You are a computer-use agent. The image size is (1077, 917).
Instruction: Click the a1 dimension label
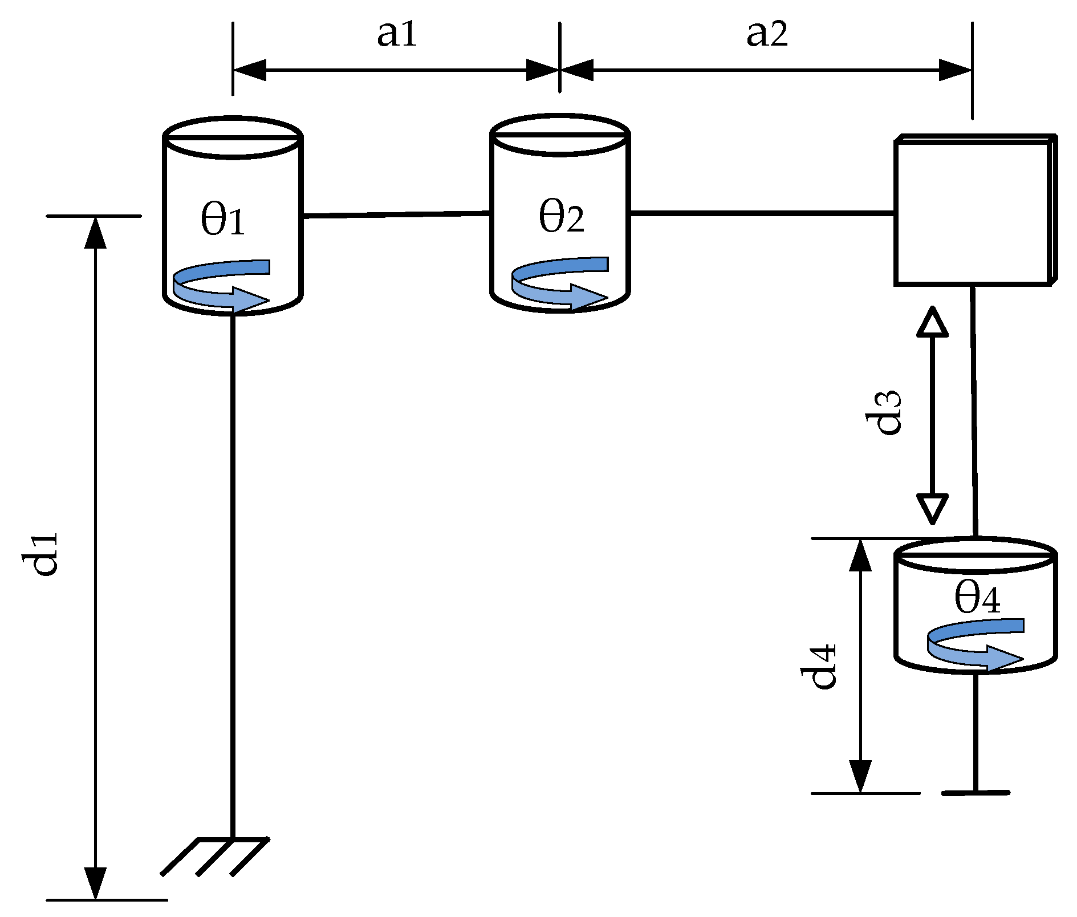[397, 34]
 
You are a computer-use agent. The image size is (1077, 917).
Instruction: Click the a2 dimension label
[767, 34]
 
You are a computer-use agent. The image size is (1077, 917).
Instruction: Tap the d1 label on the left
[40, 554]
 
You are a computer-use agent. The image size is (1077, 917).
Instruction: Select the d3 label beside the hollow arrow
[883, 413]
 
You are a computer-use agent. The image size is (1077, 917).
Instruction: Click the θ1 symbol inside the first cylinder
[223, 220]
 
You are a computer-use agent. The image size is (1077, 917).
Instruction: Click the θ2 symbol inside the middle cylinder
[561, 217]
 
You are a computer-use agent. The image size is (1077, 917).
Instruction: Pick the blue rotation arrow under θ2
[560, 283]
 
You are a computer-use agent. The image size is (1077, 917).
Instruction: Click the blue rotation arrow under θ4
[976, 644]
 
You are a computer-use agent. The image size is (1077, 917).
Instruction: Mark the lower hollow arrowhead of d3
[932, 508]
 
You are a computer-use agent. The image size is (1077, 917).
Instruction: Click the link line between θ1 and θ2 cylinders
[396, 214]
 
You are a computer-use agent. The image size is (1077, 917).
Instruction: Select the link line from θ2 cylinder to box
[761, 213]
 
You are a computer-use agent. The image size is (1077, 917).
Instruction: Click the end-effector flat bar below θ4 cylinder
[976, 792]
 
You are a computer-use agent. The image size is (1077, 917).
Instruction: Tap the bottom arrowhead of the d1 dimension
[95, 884]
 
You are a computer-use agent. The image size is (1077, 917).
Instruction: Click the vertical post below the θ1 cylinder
[232, 570]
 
